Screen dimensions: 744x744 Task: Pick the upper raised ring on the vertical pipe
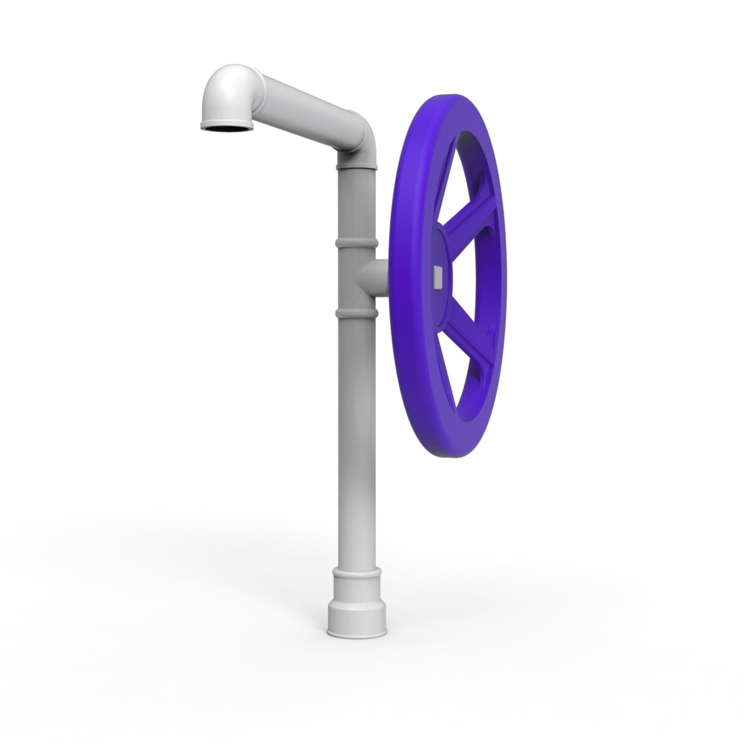[x=356, y=242]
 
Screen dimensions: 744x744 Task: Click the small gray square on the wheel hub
[x=438, y=276]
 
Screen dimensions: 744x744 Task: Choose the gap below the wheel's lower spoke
[x=461, y=383]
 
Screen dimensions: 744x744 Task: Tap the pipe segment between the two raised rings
[x=356, y=276]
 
